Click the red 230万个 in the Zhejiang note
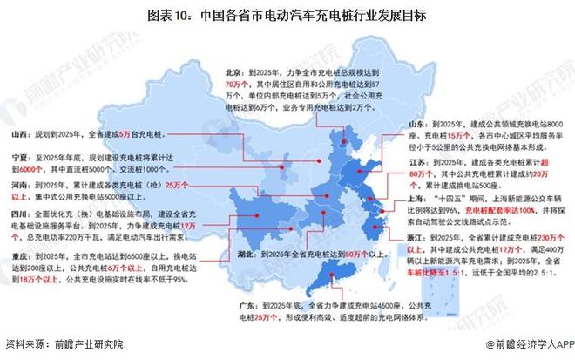(x=547, y=236)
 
